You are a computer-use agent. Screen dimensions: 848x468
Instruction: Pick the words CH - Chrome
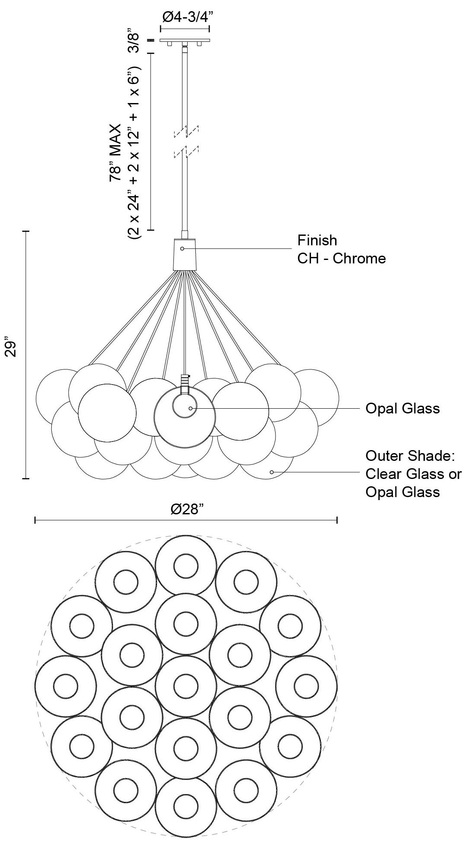coord(341,259)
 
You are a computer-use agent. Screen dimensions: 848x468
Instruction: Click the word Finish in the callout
coord(317,240)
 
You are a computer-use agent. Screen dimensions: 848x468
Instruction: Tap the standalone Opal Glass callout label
coord(402,408)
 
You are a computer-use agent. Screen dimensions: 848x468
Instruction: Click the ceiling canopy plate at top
coord(185,41)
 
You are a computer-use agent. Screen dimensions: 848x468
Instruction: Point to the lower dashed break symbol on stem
coord(185,152)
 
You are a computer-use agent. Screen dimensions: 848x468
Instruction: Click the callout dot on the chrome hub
coord(182,249)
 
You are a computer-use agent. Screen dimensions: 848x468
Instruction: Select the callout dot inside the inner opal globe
coord(190,408)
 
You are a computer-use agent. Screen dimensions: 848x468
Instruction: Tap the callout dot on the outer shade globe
coord(272,472)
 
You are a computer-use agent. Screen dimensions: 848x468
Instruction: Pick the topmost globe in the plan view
coord(185,565)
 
